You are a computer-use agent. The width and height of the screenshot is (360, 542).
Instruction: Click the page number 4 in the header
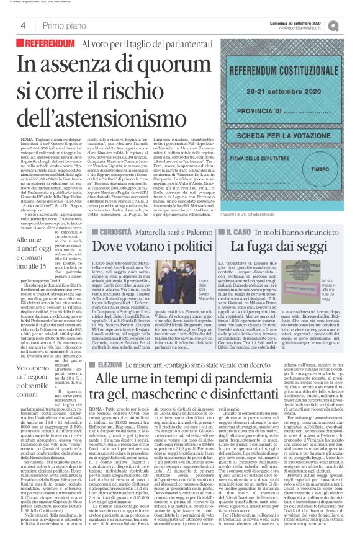tap(22, 25)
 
